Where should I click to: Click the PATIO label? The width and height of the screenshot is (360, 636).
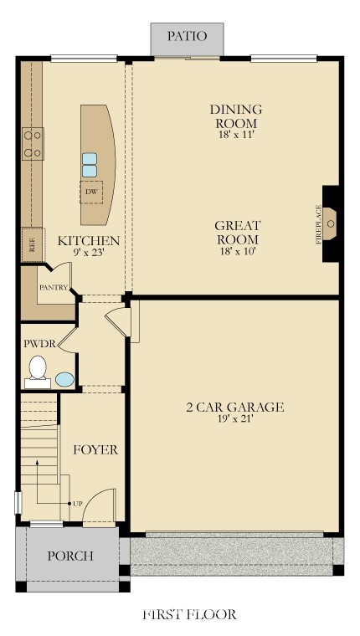(x=187, y=36)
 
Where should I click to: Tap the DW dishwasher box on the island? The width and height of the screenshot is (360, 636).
(x=91, y=192)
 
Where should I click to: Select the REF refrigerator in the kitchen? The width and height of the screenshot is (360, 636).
(x=33, y=244)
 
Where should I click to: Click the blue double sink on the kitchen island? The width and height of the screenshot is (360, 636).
(x=90, y=165)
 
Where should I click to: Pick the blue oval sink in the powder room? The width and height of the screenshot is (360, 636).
(x=65, y=380)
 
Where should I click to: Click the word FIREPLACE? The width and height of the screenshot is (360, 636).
(x=318, y=224)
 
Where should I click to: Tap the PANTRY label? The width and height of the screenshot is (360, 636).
(x=54, y=288)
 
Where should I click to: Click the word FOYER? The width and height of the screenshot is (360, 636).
(x=95, y=450)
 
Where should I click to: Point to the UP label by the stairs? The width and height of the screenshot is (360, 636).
(x=78, y=504)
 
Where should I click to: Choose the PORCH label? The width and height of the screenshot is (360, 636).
(x=70, y=556)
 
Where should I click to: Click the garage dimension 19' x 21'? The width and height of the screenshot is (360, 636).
(x=234, y=419)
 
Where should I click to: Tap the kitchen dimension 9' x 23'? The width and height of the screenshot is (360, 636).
(x=89, y=252)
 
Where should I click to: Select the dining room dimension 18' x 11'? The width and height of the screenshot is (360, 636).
(x=236, y=135)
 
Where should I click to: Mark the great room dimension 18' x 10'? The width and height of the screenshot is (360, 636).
(x=237, y=251)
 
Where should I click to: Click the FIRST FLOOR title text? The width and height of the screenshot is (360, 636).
(x=189, y=614)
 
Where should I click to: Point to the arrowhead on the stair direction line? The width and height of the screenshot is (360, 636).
(x=37, y=462)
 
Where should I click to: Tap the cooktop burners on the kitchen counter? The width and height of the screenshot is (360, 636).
(x=33, y=144)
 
